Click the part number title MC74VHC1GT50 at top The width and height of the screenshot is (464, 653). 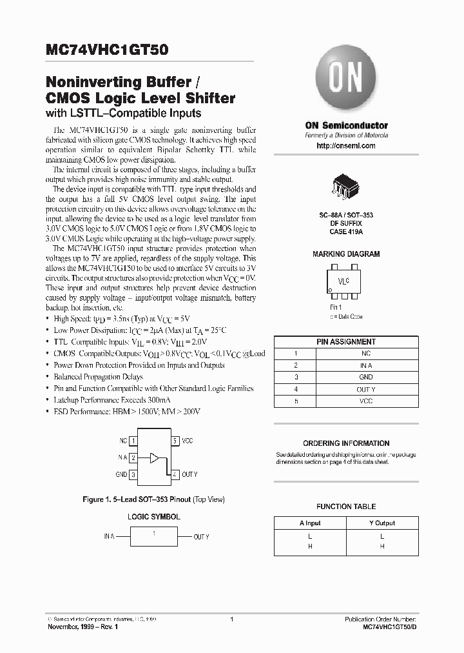tap(107, 48)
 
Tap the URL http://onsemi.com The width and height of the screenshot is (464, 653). tap(346, 146)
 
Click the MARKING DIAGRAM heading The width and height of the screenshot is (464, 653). tap(346, 254)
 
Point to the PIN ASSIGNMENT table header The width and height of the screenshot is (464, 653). tap(346, 341)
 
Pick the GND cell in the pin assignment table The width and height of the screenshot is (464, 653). tap(366, 376)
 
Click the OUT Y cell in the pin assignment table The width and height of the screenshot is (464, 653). tap(366, 388)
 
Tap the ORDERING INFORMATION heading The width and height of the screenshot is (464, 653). tap(346, 443)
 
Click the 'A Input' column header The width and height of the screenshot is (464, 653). tap(310, 523)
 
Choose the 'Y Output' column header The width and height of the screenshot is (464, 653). tap(382, 523)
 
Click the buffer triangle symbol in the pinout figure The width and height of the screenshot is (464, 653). tap(153, 457)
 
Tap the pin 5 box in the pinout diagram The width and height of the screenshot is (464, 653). tap(175, 441)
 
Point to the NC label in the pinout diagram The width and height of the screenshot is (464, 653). tap(122, 441)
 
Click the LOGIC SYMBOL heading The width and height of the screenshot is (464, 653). tap(153, 517)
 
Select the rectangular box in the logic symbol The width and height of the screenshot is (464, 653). tap(153, 536)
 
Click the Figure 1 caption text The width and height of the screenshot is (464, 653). tap(153, 499)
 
